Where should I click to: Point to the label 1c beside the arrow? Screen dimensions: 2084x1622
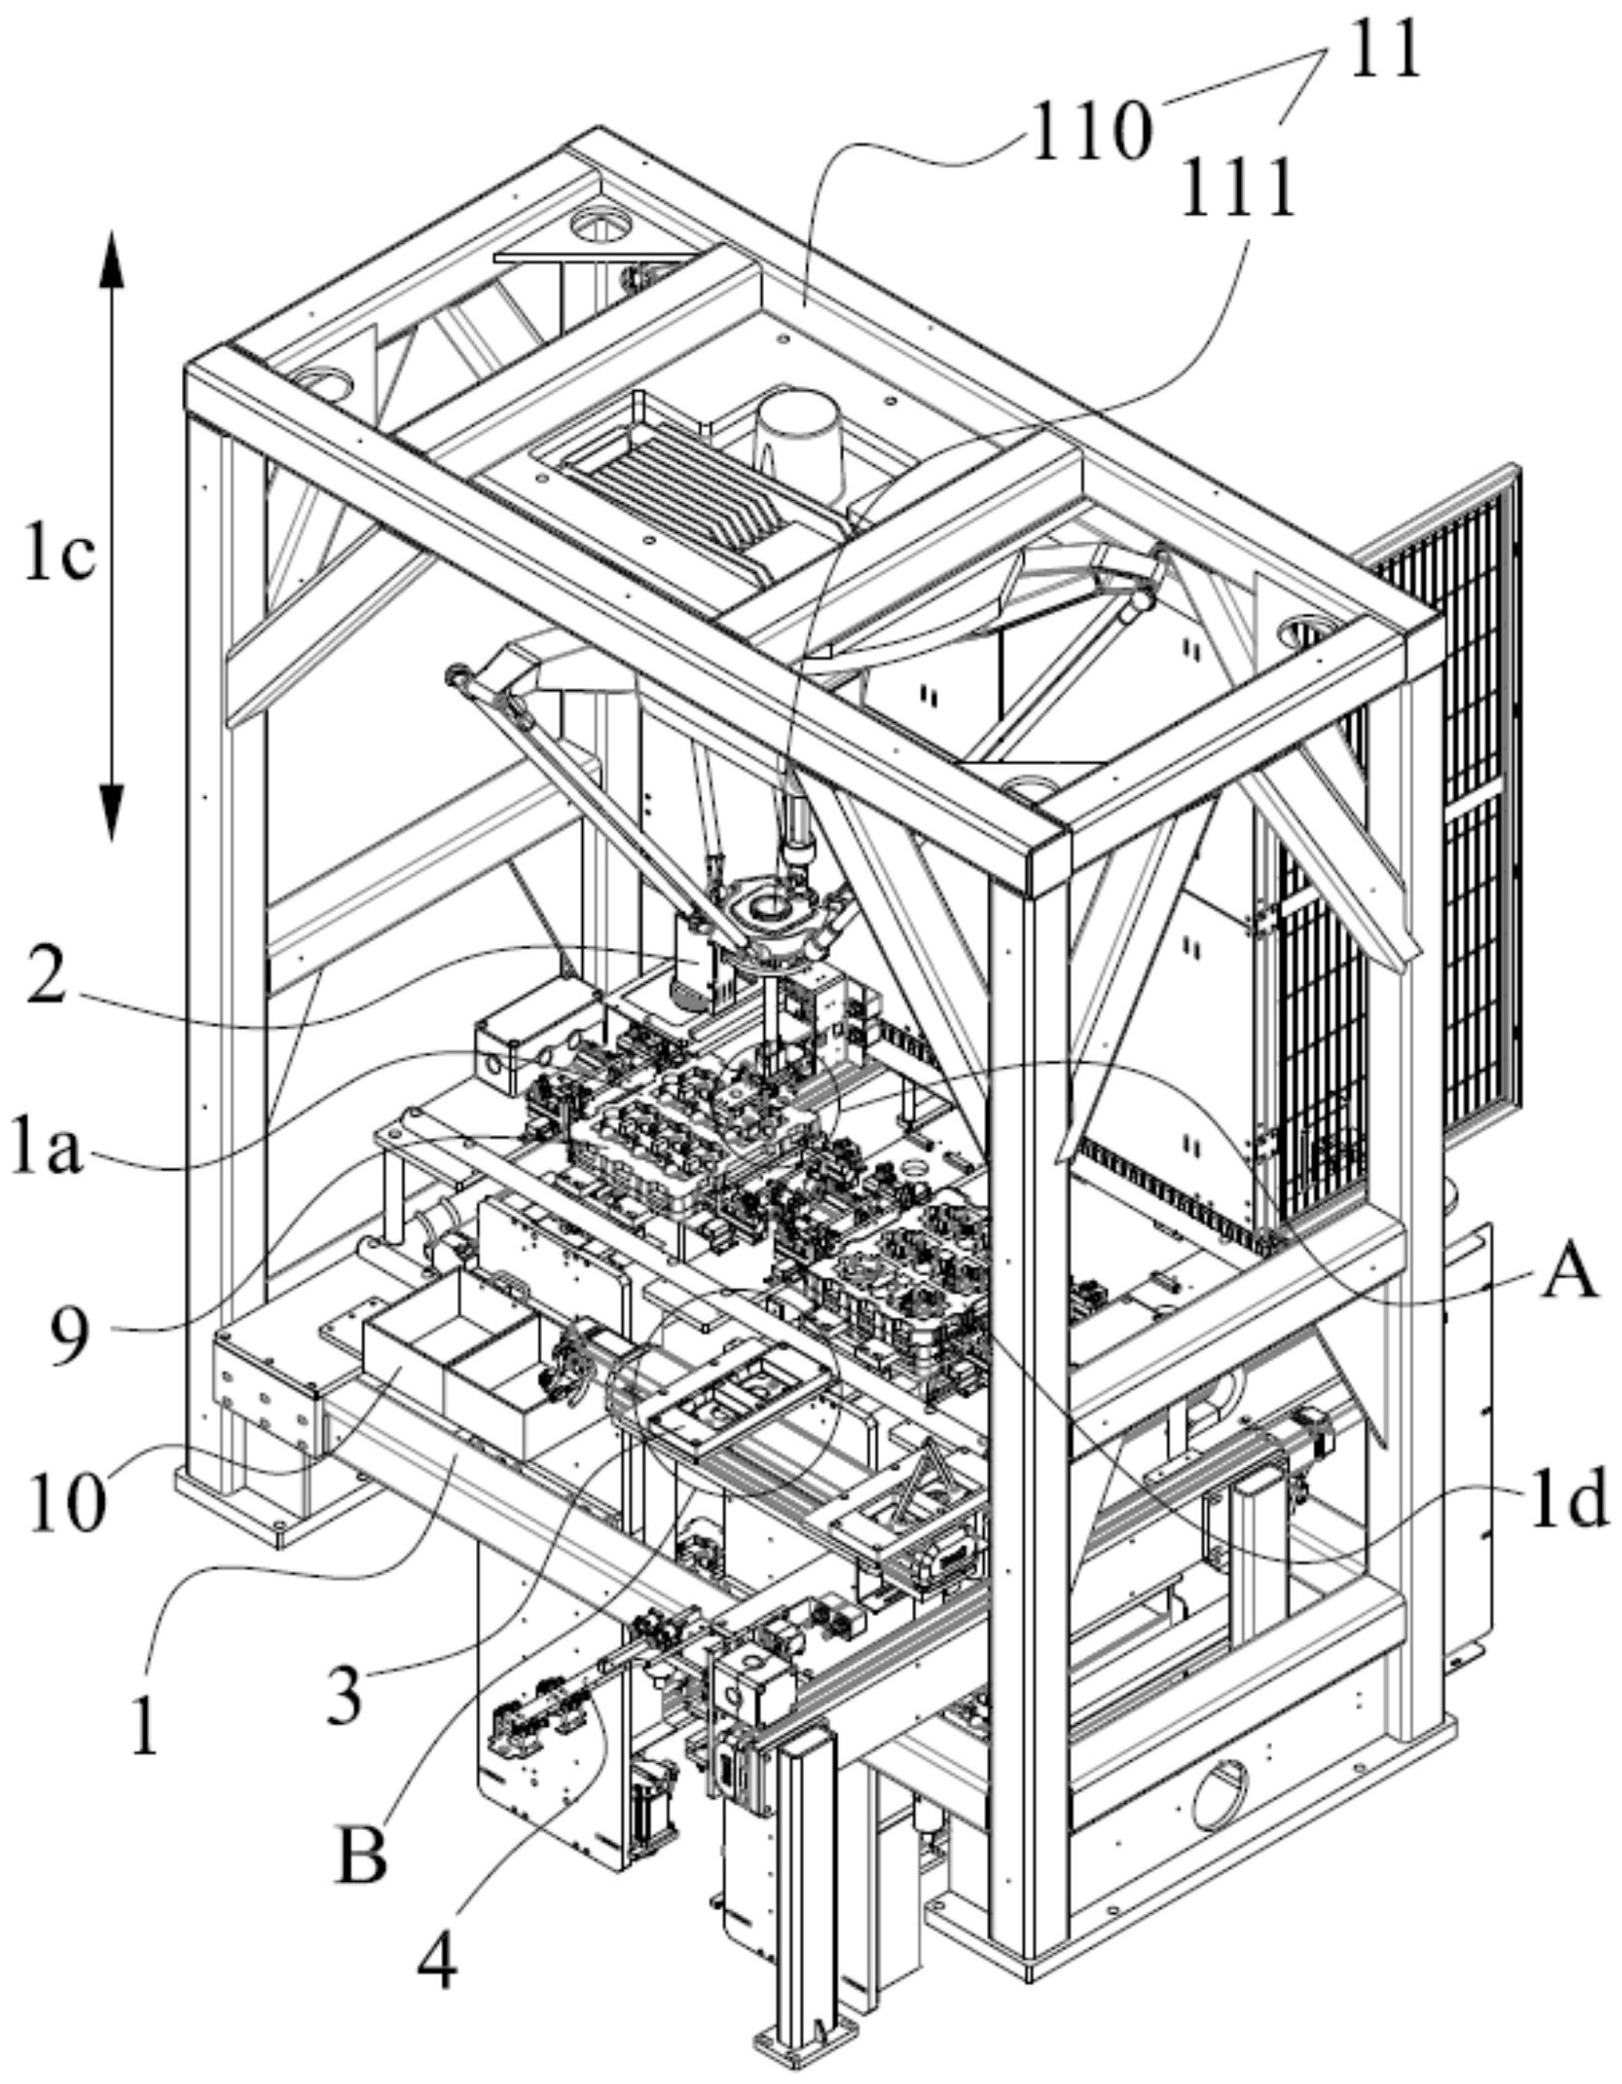pos(59,556)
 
